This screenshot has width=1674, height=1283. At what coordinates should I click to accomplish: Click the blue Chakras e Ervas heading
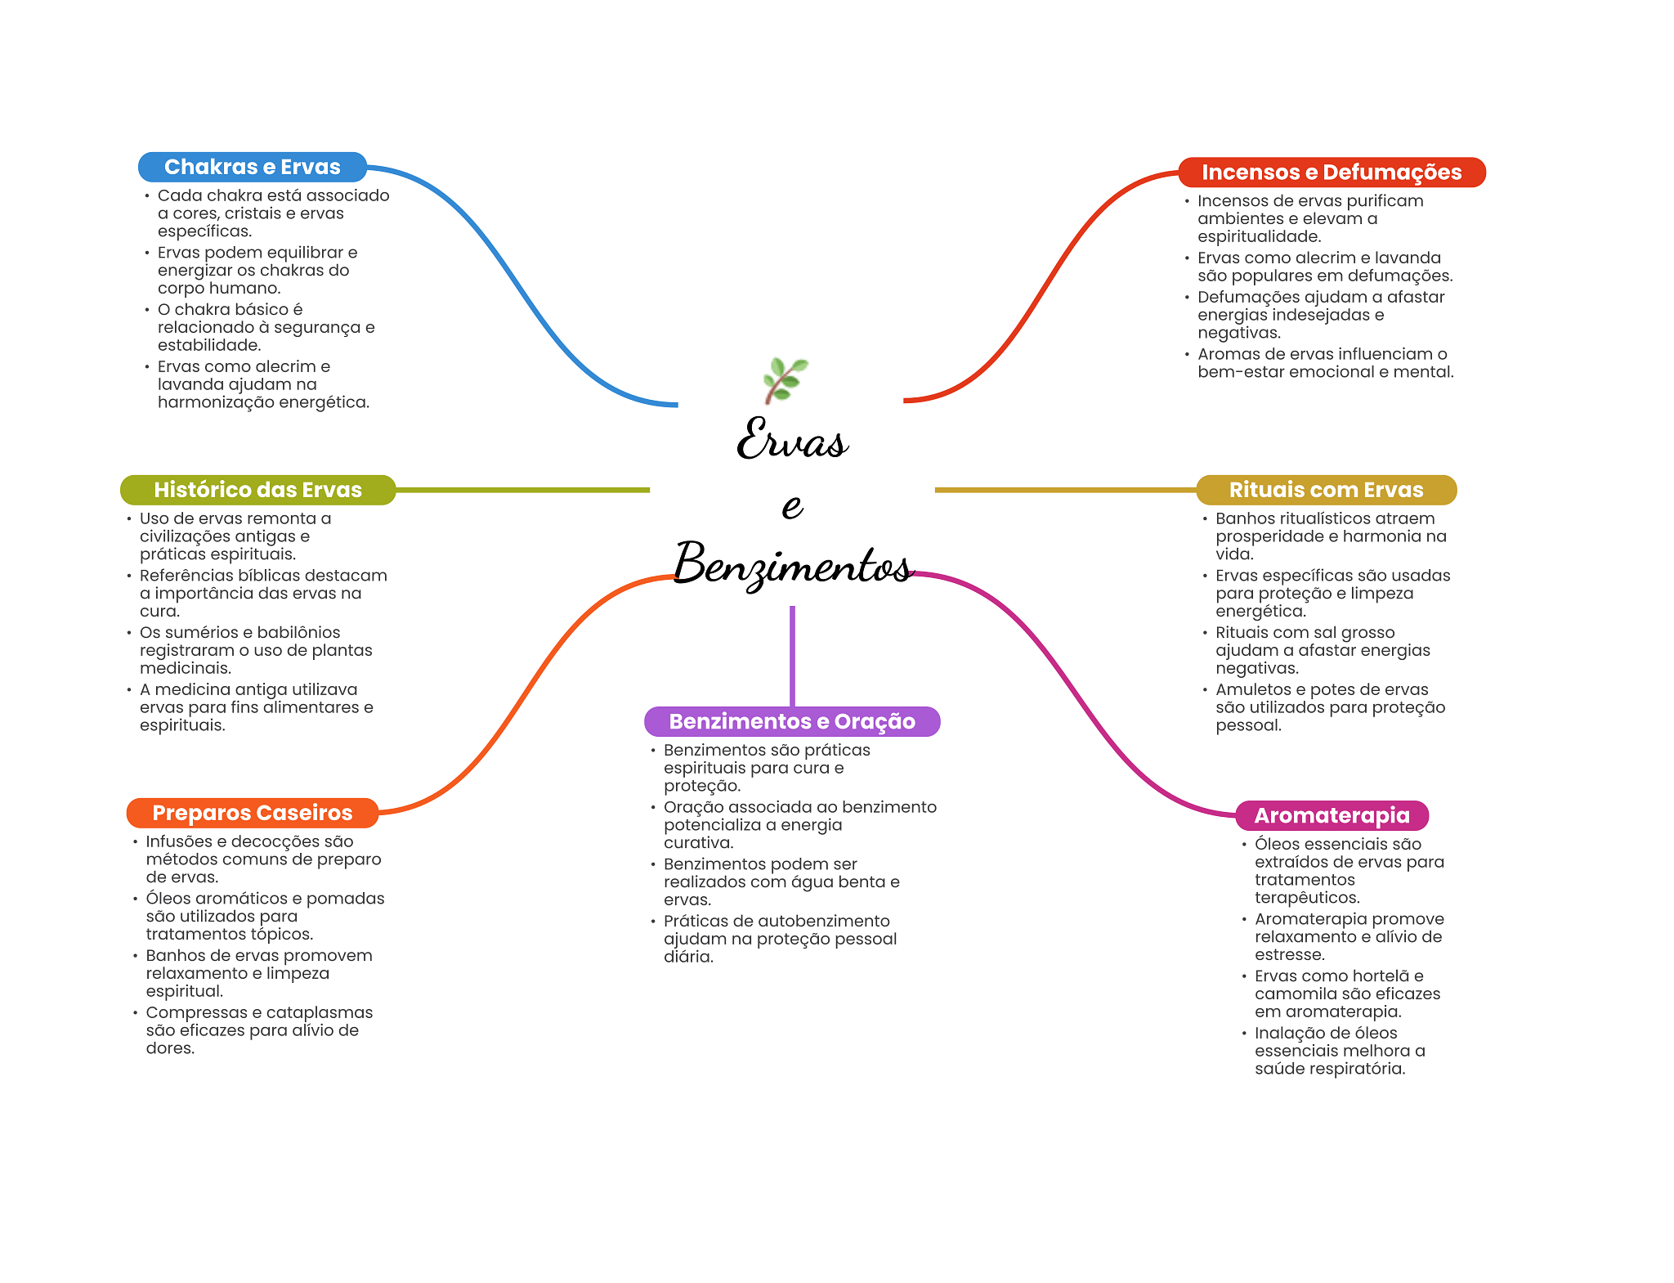point(252,167)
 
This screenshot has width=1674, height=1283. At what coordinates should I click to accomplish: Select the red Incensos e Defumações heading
point(1331,173)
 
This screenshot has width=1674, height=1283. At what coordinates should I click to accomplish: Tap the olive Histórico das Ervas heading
point(257,490)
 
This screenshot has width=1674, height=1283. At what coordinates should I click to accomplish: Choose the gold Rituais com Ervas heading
point(1326,490)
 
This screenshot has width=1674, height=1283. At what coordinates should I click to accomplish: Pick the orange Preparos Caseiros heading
point(252,813)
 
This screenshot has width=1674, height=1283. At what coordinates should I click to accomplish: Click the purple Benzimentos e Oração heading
point(791,721)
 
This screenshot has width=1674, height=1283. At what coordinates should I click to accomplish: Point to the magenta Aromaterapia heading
point(1332,815)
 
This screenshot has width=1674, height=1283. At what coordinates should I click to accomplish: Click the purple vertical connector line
point(792,654)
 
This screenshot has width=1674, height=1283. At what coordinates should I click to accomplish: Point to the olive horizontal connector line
point(523,490)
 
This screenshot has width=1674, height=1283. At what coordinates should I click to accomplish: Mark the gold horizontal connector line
point(1063,490)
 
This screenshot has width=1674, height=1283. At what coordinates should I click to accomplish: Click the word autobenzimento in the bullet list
point(826,921)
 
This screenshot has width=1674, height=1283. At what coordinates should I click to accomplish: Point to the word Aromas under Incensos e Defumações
point(1226,354)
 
